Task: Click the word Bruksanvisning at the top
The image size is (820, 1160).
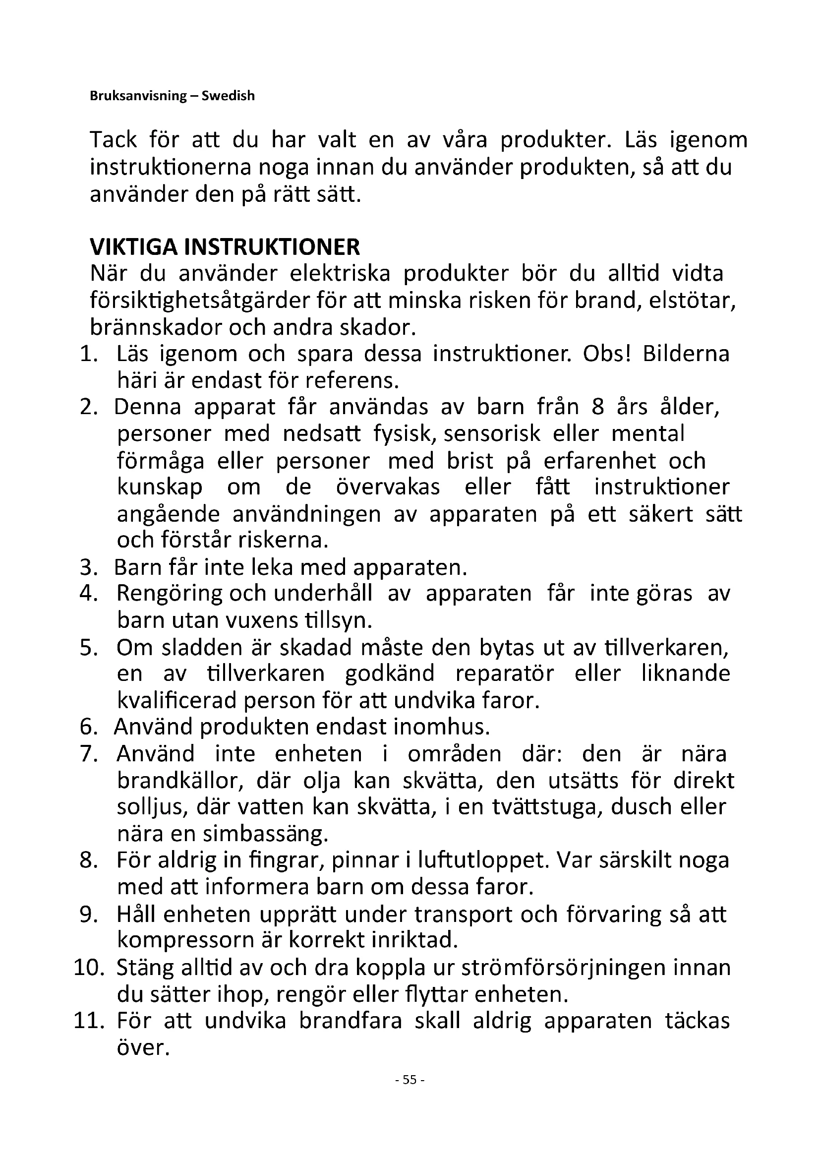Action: (138, 96)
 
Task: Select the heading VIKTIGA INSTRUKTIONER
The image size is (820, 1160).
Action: (225, 247)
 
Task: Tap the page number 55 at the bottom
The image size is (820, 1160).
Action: (410, 1080)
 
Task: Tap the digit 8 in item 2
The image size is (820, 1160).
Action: (598, 407)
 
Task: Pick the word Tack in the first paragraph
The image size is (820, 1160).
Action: (113, 140)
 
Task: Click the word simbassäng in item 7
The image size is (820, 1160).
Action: (268, 834)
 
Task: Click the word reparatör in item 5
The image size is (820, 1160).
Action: (504, 674)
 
